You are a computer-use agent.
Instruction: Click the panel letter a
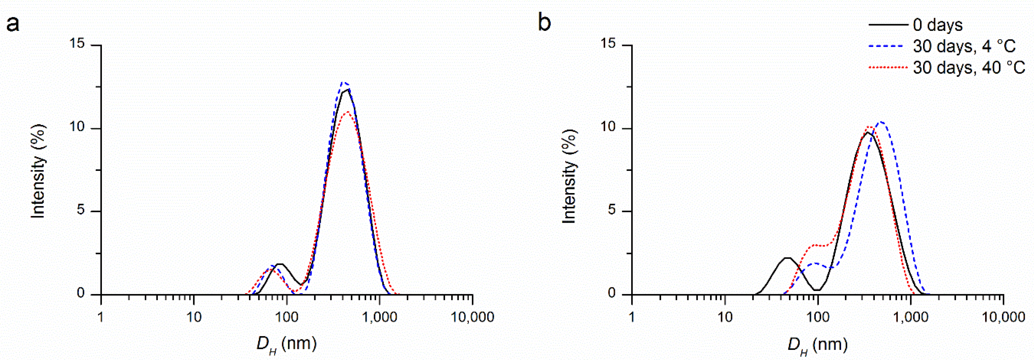[13, 24]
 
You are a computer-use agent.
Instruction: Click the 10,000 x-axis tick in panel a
[473, 317]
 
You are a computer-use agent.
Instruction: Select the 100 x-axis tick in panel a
[287, 317]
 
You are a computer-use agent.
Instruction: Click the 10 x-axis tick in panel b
[725, 317]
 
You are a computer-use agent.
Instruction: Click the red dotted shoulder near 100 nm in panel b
[815, 245]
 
